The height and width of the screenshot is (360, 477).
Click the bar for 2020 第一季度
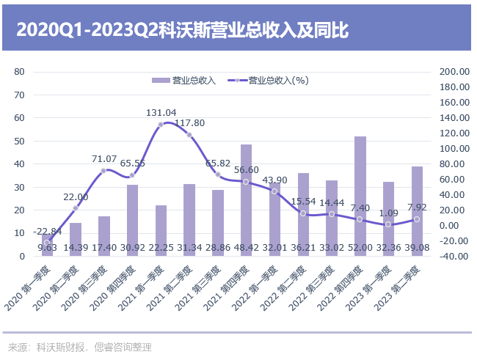click(47, 246)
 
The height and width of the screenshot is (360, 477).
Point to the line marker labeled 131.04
click(161, 125)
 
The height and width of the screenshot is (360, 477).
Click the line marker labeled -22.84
click(47, 243)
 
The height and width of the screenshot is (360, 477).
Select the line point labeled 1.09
click(389, 224)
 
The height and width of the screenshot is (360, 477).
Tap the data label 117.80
click(189, 123)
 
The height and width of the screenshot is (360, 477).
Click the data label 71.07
click(104, 159)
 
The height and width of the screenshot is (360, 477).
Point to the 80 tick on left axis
click(20, 72)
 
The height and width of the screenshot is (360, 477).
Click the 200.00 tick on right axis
click(454, 72)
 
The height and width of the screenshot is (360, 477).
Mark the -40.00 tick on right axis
click(454, 257)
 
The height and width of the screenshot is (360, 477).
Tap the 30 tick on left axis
click(20, 188)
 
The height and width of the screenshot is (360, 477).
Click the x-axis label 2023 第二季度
click(401, 288)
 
